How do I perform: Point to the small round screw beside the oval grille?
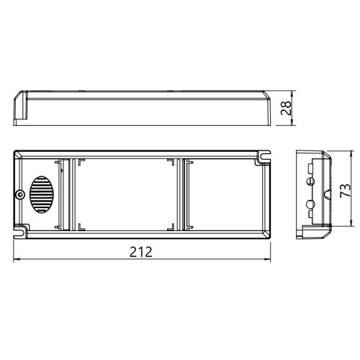19,194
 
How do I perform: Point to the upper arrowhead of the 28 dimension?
291,94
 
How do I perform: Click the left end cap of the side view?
21,108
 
